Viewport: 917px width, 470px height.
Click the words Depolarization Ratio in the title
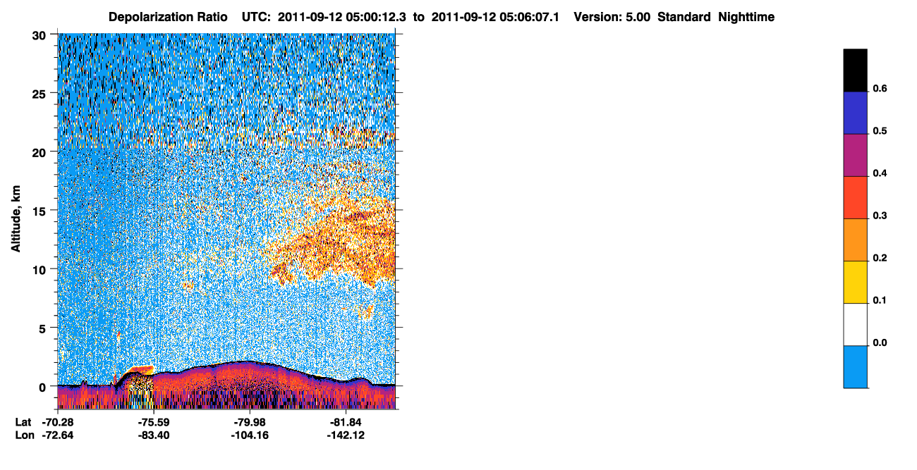168,17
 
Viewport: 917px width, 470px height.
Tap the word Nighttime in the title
746,17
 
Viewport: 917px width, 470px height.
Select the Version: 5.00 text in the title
612,17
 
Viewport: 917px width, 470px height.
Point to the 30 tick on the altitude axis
39,36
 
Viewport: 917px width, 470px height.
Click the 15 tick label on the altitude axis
39,211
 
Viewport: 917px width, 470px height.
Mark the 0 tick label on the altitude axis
42,388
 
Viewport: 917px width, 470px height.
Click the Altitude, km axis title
16,218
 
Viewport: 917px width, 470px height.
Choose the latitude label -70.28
58,422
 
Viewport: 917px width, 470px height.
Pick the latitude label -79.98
250,422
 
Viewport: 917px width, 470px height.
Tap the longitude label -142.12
346,435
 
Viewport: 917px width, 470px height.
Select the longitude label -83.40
154,435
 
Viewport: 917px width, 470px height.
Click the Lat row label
23,422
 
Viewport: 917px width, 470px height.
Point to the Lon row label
25,435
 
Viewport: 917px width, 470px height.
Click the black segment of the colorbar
855,70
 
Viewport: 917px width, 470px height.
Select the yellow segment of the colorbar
855,283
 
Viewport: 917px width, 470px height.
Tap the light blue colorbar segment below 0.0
855,367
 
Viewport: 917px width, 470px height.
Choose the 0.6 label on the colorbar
880,88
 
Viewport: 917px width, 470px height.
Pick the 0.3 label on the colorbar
880,216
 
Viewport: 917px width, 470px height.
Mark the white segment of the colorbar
855,325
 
